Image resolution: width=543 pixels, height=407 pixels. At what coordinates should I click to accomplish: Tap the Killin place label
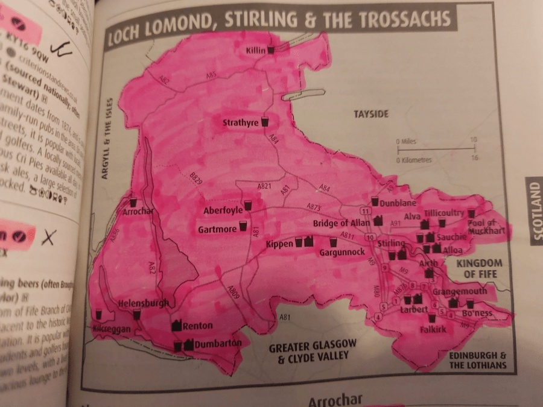point(255,50)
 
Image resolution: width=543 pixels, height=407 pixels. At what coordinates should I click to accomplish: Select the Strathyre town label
point(240,123)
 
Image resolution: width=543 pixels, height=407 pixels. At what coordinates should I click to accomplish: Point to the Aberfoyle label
point(223,210)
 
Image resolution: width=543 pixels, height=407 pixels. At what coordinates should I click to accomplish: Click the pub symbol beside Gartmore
point(243,227)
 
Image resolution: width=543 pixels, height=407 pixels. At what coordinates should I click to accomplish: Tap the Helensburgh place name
point(144,303)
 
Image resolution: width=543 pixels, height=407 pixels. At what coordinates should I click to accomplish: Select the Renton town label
point(197,326)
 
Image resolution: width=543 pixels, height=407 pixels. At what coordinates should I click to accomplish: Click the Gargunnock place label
point(341,252)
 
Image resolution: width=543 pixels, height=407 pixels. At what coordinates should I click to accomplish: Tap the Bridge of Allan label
point(341,224)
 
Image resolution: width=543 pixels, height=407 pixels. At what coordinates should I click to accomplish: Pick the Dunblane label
point(398,203)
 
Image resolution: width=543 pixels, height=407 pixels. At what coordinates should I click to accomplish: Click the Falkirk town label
point(433,329)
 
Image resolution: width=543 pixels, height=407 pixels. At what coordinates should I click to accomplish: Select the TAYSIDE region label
point(371,114)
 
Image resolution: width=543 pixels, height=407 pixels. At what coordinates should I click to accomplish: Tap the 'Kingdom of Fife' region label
point(480,269)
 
